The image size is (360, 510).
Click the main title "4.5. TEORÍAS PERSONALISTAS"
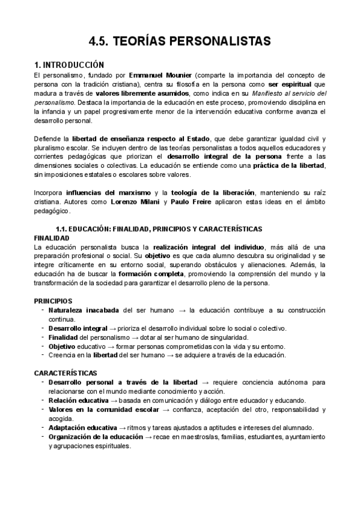(x=180, y=41)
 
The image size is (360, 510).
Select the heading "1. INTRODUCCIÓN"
(x=69, y=65)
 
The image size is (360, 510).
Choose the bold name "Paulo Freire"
(x=191, y=202)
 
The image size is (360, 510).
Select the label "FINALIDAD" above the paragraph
(x=52, y=238)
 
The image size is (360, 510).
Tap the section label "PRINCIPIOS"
(x=53, y=301)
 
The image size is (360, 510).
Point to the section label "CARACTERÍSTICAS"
(x=64, y=373)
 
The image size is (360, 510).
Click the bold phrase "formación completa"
(x=155, y=274)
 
